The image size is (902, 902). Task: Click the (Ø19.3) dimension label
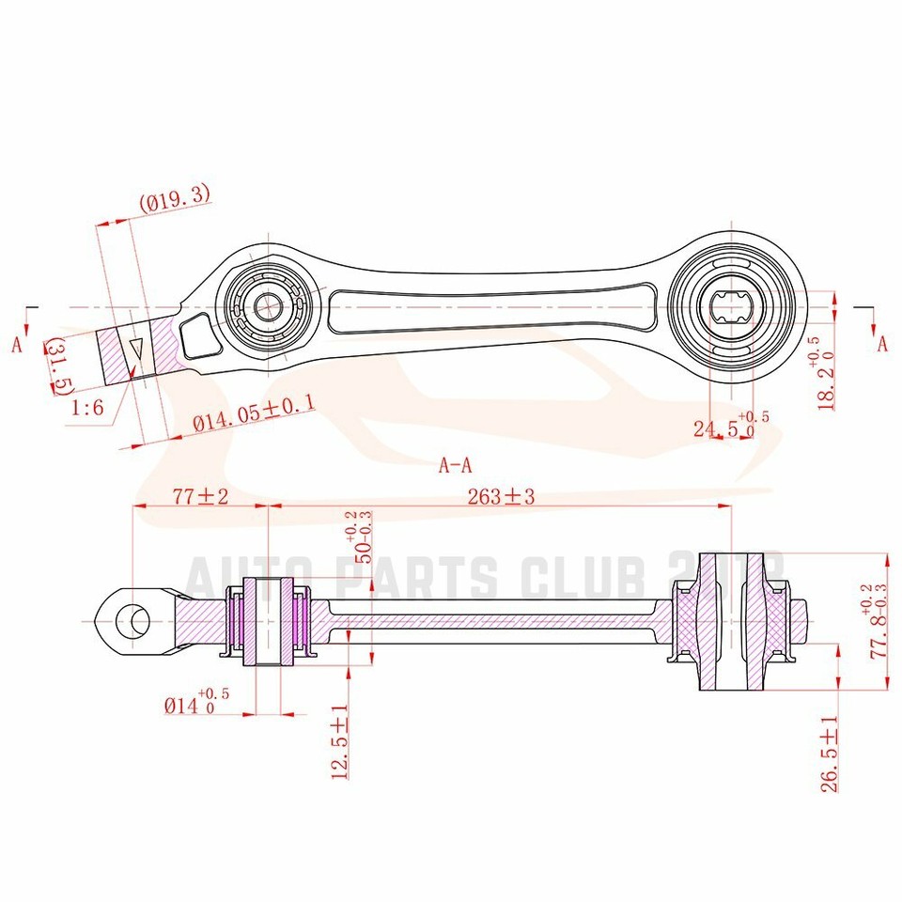tap(175, 198)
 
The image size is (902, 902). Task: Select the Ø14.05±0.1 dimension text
tap(253, 414)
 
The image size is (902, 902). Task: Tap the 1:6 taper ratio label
tap(88, 408)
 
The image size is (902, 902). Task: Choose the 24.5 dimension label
tap(723, 428)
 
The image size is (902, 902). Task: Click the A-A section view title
tap(455, 463)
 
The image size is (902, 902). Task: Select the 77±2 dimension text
tap(200, 497)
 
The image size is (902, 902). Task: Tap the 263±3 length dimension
tap(500, 497)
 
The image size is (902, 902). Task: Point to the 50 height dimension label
tap(358, 543)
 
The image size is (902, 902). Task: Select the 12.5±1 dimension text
tap(340, 741)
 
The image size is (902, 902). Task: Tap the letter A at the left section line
tap(17, 345)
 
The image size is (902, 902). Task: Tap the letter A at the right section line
tap(882, 343)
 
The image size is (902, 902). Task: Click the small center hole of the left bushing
tap(268, 306)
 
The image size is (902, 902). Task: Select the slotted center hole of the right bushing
tap(732, 307)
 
